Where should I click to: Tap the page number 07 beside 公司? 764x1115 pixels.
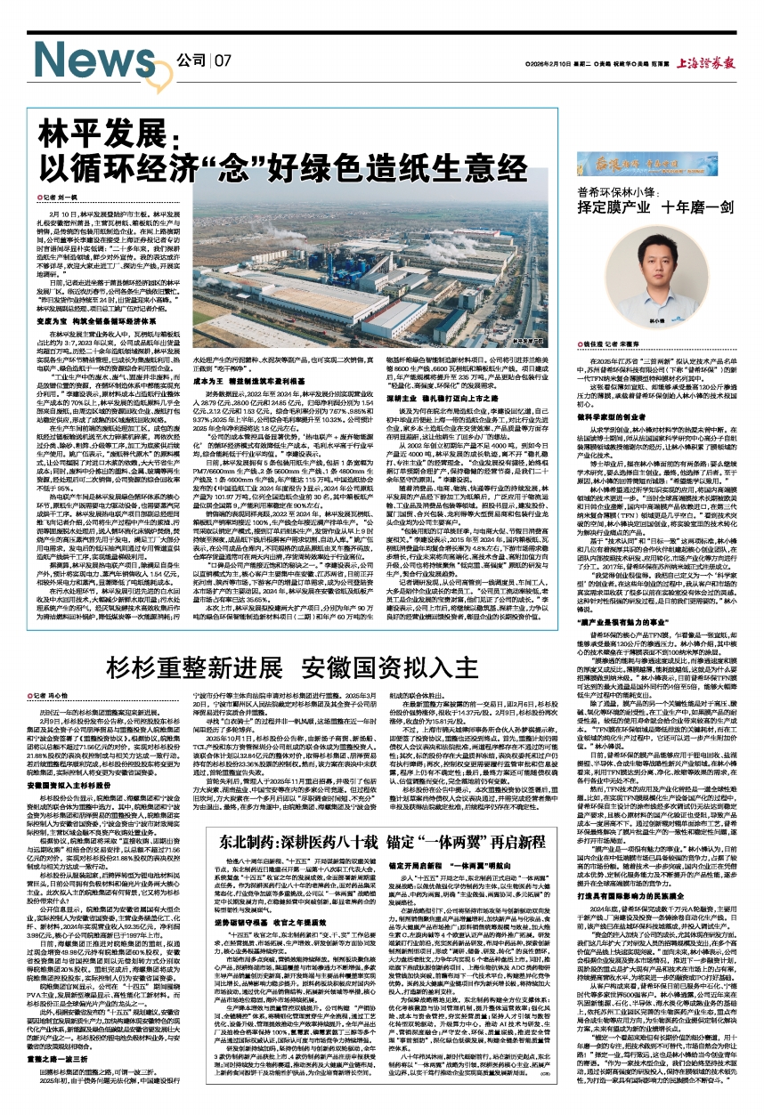click(222, 61)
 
